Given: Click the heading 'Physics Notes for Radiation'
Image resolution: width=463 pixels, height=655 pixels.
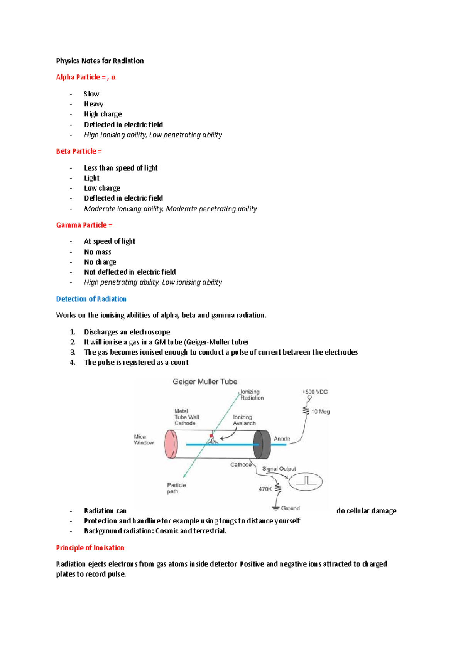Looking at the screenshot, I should point(100,61).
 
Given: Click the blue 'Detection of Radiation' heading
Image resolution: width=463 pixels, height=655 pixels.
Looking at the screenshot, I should point(91,299).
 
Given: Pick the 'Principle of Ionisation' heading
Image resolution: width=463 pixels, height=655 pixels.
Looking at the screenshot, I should point(90,548).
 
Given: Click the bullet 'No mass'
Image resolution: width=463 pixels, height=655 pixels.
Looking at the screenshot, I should point(98,252).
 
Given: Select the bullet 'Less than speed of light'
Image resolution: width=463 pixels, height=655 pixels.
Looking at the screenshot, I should point(121,168).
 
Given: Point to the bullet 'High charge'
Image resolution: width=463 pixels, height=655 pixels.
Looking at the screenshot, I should point(103,114).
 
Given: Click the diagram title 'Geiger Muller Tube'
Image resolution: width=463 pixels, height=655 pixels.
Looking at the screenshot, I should point(205,382).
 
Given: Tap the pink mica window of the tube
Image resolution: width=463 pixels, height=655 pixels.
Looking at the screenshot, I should point(171,444).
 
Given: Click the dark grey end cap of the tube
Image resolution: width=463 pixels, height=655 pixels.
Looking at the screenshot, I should point(262,444).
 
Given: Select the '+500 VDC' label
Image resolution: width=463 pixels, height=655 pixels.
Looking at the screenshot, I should point(315,392).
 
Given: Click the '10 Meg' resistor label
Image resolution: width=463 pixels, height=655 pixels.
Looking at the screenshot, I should point(321,412).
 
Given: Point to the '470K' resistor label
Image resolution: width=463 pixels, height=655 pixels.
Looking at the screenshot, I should point(265,489).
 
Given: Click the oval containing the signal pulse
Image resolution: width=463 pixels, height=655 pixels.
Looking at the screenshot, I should point(306,481).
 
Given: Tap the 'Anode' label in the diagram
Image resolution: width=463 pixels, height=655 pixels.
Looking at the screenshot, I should point(282,439).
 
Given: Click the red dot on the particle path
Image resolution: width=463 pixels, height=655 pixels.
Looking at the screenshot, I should point(211,436).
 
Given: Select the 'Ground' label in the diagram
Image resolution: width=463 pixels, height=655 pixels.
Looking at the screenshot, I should point(290,508).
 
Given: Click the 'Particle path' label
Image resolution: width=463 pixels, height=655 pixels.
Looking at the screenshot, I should point(176,488).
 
